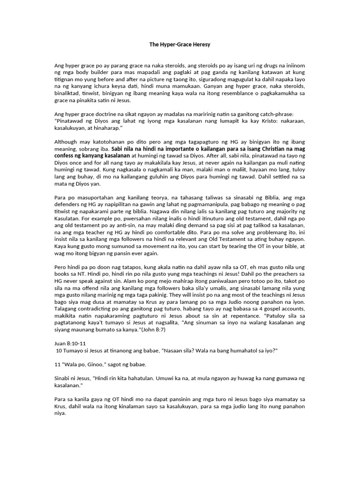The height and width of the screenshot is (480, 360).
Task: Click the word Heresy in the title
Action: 199,45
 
